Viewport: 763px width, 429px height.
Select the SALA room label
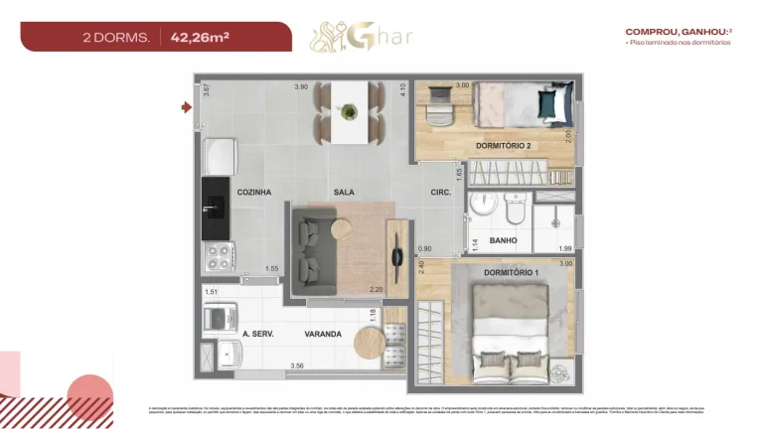[345, 192]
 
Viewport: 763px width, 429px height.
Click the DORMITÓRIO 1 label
[511, 272]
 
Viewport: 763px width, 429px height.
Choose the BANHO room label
[503, 239]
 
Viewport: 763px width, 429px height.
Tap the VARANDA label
[323, 334]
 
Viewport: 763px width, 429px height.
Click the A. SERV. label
[258, 334]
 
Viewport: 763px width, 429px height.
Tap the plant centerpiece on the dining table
[349, 111]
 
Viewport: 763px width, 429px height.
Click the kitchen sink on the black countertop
[216, 209]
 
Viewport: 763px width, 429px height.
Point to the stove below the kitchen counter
[217, 258]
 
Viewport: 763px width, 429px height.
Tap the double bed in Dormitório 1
[509, 332]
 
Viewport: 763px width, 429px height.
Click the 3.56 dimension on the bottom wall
[296, 366]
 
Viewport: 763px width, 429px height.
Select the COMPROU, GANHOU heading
[665, 31]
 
